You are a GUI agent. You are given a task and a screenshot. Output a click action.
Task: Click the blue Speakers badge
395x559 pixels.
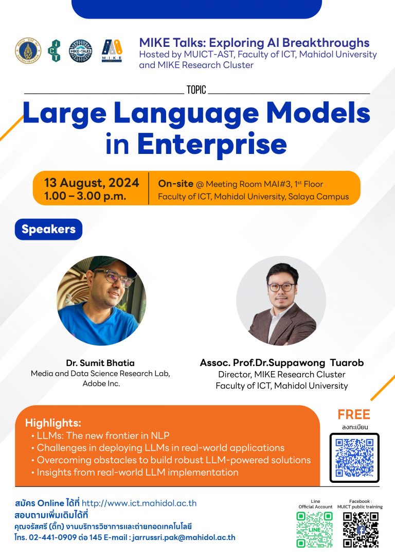[x=48, y=229]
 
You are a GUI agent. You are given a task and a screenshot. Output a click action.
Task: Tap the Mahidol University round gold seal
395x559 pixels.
[x=28, y=51]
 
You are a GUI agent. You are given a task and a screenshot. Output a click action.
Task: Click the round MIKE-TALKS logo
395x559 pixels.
[x=81, y=51]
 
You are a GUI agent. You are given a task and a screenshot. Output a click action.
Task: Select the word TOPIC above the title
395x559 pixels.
[x=196, y=90]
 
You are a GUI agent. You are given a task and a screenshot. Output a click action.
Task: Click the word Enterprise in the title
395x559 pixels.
[x=212, y=144]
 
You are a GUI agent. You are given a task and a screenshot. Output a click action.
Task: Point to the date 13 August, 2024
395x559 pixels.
[x=92, y=183]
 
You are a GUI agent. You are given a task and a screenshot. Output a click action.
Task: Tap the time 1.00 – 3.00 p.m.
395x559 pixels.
[x=85, y=196]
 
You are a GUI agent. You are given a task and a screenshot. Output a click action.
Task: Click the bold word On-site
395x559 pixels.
[x=175, y=184]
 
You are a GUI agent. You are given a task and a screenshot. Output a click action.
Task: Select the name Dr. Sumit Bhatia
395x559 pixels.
[x=100, y=363]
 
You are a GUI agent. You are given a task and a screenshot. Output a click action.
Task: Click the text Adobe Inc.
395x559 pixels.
[x=101, y=383]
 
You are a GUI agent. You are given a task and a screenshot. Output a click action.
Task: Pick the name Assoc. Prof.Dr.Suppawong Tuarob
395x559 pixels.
[x=282, y=363]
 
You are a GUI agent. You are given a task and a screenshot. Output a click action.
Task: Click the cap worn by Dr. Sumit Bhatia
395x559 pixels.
[x=111, y=265]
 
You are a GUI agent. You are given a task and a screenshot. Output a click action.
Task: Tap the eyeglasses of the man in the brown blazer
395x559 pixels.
[x=281, y=287]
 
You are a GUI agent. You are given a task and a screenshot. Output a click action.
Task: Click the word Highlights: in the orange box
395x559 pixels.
[x=53, y=423]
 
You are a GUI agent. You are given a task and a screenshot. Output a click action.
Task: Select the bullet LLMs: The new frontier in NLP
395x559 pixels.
[x=100, y=435]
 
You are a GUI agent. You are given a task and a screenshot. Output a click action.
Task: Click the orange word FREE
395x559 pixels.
[x=354, y=414]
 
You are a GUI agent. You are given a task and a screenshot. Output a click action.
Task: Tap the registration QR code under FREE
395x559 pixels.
[x=354, y=458]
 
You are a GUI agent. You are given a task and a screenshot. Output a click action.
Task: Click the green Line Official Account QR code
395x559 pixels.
[x=314, y=530]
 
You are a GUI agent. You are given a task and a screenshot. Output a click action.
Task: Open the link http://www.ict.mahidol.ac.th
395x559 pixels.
[x=139, y=503]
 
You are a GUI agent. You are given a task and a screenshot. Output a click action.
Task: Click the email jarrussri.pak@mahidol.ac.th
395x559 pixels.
[x=184, y=537]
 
